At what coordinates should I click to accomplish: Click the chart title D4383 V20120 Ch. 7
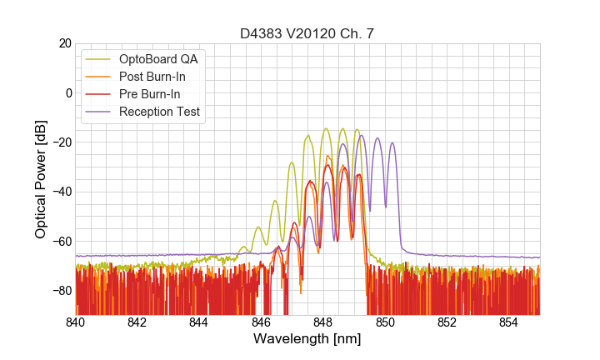[x=307, y=33]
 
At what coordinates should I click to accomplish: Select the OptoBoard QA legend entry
[x=162, y=59]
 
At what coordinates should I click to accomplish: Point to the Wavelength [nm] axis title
[x=307, y=340]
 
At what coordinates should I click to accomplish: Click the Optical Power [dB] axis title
[x=41, y=179]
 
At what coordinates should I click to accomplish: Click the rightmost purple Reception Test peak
[x=392, y=142]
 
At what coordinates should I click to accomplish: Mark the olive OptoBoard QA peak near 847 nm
[x=292, y=162]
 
